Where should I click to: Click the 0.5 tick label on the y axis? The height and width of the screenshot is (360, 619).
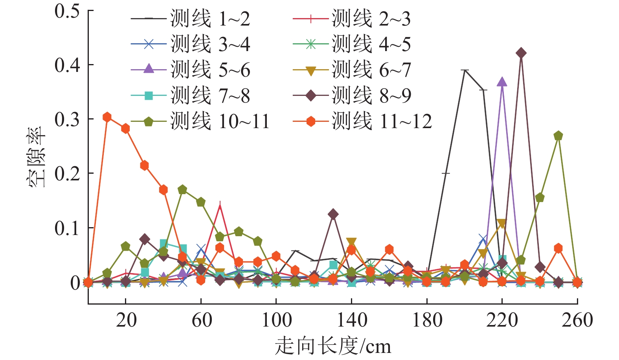[x=67, y=11]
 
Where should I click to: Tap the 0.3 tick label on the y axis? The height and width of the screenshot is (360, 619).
[x=67, y=119]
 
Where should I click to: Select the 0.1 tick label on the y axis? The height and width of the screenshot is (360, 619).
[x=67, y=228]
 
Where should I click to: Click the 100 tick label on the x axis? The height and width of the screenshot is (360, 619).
[x=276, y=320]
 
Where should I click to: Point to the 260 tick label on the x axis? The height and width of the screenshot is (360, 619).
[x=577, y=320]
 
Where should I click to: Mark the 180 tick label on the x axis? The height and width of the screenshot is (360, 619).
[x=427, y=320]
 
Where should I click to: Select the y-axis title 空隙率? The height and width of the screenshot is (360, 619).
[x=37, y=157]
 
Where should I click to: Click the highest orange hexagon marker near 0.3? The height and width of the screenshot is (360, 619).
[x=107, y=117]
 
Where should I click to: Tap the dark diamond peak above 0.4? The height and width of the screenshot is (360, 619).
[x=521, y=53]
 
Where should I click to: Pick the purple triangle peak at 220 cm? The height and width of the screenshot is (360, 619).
[x=502, y=82]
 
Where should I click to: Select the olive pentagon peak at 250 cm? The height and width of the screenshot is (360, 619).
[x=558, y=136]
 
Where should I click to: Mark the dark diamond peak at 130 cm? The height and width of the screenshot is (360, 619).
[x=333, y=214]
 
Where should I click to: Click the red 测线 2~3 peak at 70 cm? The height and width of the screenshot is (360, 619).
[x=220, y=205]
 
